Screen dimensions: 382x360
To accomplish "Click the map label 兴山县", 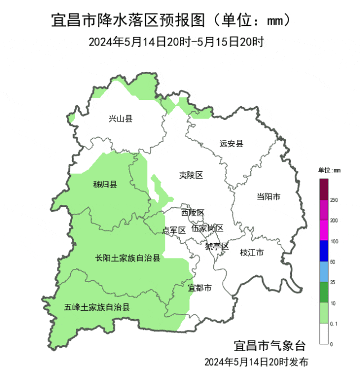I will coord(120,119).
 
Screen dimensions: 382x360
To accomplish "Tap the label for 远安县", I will coord(231,144).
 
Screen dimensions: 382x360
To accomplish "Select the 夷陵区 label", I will coord(191,175).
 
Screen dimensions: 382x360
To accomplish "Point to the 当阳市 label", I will coord(268,197).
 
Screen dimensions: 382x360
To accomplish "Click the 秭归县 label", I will coord(105,184).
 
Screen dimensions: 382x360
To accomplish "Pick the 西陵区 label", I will coord(192,212).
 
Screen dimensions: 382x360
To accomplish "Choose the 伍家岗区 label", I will coord(207,228).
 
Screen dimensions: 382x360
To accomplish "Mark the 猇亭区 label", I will coord(217,247).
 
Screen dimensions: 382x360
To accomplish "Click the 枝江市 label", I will coord(251,253).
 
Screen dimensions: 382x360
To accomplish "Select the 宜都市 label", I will coord(200,288).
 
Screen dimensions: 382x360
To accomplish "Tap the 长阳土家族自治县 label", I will coord(128,258).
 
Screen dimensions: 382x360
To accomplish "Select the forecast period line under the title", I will coord(176,42).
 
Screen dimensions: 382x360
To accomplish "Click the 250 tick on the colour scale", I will coord(334,200).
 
